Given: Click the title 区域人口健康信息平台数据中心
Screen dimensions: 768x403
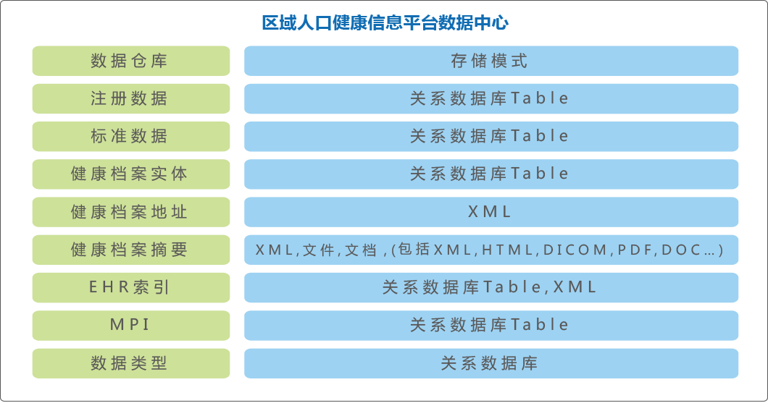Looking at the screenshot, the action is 384,23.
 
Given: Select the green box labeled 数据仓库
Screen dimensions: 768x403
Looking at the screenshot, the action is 130,61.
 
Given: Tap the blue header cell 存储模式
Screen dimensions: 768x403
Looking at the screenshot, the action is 491,61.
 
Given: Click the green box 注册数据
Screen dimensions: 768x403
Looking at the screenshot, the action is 130,98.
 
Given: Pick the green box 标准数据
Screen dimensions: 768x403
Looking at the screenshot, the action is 130,136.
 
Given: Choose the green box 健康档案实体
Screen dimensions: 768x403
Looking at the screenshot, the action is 130,174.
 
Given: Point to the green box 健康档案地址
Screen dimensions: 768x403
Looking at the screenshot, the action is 130,212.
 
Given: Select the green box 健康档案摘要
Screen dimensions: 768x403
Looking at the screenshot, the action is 130,250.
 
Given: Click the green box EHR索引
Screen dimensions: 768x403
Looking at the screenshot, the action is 130,287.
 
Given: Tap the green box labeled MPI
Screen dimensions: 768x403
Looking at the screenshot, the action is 130,325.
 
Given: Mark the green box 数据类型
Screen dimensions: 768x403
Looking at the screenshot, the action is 130,362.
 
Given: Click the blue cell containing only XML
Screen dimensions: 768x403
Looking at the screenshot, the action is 491,212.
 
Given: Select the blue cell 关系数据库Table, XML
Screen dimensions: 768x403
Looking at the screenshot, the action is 491,287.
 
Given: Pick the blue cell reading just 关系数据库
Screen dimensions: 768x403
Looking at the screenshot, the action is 491,362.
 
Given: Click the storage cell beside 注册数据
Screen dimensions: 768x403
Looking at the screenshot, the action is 491,98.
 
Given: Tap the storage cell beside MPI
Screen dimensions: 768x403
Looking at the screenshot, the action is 491,325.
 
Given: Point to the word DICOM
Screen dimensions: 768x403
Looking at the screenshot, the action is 576,250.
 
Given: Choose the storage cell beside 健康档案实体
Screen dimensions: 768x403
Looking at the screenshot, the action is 491,174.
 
